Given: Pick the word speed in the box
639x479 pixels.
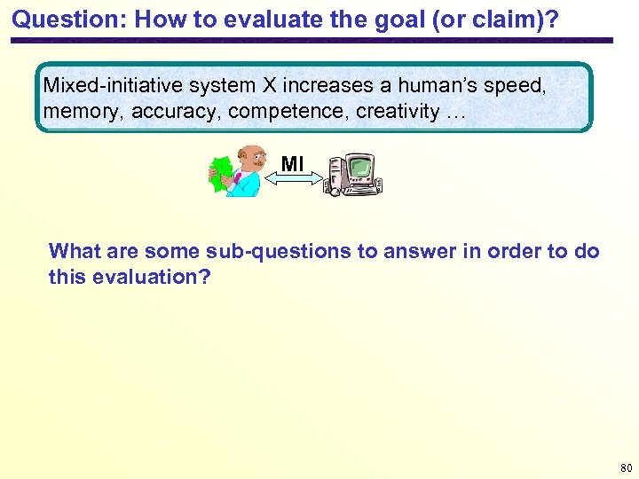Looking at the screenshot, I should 516,86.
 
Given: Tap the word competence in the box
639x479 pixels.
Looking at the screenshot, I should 283,112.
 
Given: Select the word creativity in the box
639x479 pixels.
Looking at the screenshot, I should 398,112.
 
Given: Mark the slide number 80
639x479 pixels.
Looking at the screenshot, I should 625,467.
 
